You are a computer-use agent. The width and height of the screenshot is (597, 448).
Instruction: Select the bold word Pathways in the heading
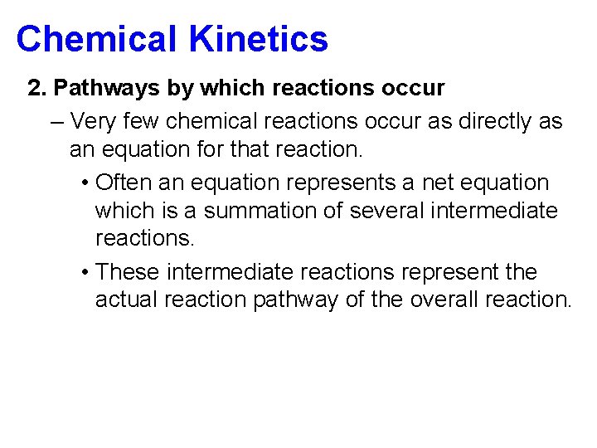99,88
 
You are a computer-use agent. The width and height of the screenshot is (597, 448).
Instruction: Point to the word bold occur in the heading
412,88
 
